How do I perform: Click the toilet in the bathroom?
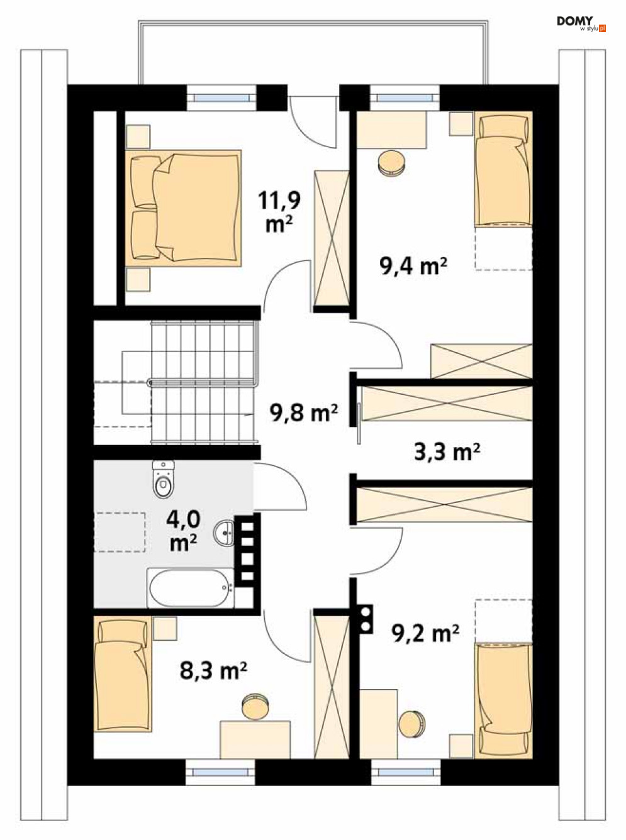click(x=164, y=478)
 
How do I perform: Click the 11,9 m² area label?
click(x=279, y=211)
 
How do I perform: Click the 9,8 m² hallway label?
click(x=303, y=412)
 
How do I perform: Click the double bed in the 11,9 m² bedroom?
click(x=184, y=207)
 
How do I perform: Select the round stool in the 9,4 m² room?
click(x=392, y=163)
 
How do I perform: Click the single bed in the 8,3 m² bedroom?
click(x=123, y=674)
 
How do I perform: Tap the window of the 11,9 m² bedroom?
click(x=222, y=97)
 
